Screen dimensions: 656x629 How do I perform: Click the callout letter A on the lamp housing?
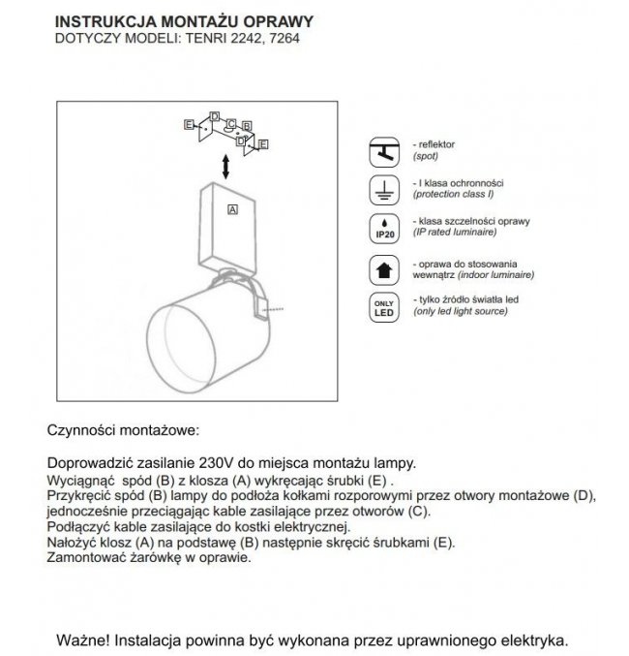232,208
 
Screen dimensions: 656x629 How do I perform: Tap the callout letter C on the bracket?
230,124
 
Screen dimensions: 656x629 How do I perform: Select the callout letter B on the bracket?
248,126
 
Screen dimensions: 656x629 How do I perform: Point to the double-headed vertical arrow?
225,165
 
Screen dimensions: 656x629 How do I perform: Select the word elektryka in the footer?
530,641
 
